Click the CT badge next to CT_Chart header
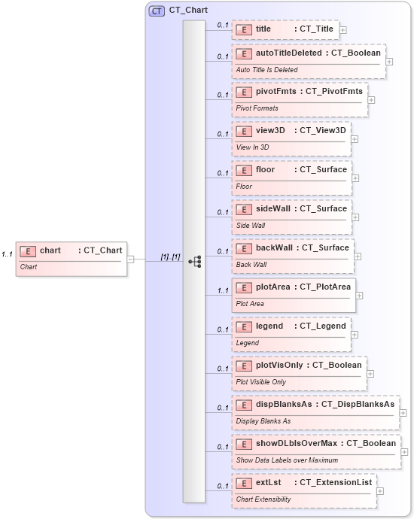tap(157, 11)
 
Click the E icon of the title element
tap(243, 29)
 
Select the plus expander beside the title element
tap(343, 30)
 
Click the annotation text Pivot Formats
tap(257, 108)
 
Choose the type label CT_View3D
tap(322, 130)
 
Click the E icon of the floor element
tap(243, 170)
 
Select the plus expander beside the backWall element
tap(358, 256)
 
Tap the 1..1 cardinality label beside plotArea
tap(223, 290)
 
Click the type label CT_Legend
tap(323, 326)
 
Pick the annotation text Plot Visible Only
tap(260, 382)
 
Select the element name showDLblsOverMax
tap(296, 443)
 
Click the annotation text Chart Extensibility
tap(263, 499)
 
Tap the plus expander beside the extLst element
tap(379, 491)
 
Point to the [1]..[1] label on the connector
tap(170, 256)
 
